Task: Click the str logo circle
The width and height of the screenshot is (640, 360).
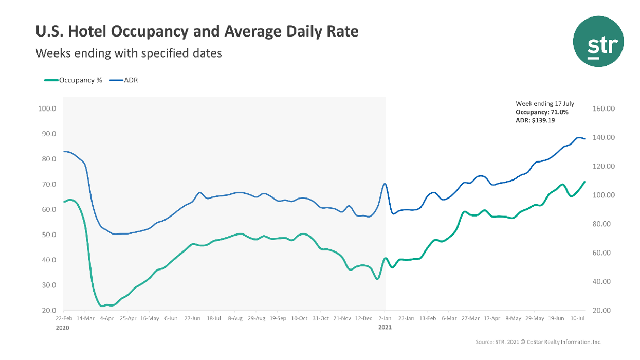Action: click(x=598, y=41)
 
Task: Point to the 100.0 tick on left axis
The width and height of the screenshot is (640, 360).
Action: click(x=47, y=109)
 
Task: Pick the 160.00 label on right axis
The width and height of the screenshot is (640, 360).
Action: click(x=604, y=109)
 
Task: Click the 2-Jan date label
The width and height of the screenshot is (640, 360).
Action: click(x=385, y=319)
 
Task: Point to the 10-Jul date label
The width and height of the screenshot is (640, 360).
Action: click(x=578, y=319)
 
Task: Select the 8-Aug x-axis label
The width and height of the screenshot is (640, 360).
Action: click(x=235, y=319)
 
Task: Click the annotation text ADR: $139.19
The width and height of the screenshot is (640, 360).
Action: click(x=535, y=120)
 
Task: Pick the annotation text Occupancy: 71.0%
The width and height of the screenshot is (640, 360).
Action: click(x=541, y=112)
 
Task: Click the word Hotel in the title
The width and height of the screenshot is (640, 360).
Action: click(x=81, y=32)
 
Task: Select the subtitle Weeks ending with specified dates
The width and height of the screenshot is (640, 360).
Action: click(x=129, y=53)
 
